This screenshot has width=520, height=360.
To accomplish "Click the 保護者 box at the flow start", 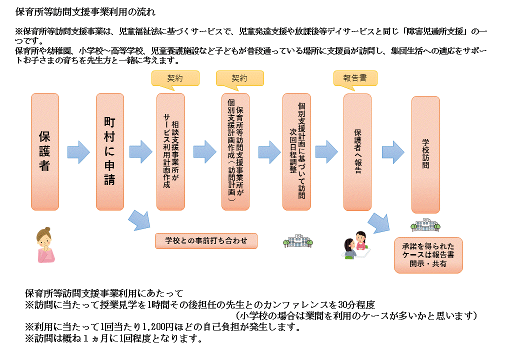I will (45, 151).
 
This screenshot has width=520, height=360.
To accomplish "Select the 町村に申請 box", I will (110, 151).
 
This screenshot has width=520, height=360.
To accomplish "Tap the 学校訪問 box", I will (425, 154).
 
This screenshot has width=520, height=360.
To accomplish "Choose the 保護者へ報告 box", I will (357, 151).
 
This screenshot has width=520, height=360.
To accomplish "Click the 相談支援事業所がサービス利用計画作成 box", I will (170, 151).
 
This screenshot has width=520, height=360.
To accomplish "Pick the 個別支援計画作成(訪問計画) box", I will (235, 151).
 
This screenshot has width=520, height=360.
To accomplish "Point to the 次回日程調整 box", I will (296, 151).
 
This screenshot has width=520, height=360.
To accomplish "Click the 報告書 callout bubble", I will (355, 78).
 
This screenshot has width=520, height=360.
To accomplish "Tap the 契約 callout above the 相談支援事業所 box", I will (175, 78).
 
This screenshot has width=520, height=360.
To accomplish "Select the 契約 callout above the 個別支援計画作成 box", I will (239, 78).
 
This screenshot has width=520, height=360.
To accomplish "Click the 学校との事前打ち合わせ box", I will (206, 240).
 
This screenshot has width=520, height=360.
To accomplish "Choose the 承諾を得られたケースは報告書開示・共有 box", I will (428, 255).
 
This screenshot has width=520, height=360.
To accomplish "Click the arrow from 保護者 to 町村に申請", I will (78, 151).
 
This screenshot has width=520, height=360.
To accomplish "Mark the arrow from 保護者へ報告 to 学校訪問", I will (392, 151).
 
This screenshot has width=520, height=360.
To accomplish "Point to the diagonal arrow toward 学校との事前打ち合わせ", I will (139, 220).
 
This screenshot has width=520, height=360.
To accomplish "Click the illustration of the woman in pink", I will (46, 244).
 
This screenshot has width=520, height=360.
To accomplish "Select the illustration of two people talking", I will (356, 245).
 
